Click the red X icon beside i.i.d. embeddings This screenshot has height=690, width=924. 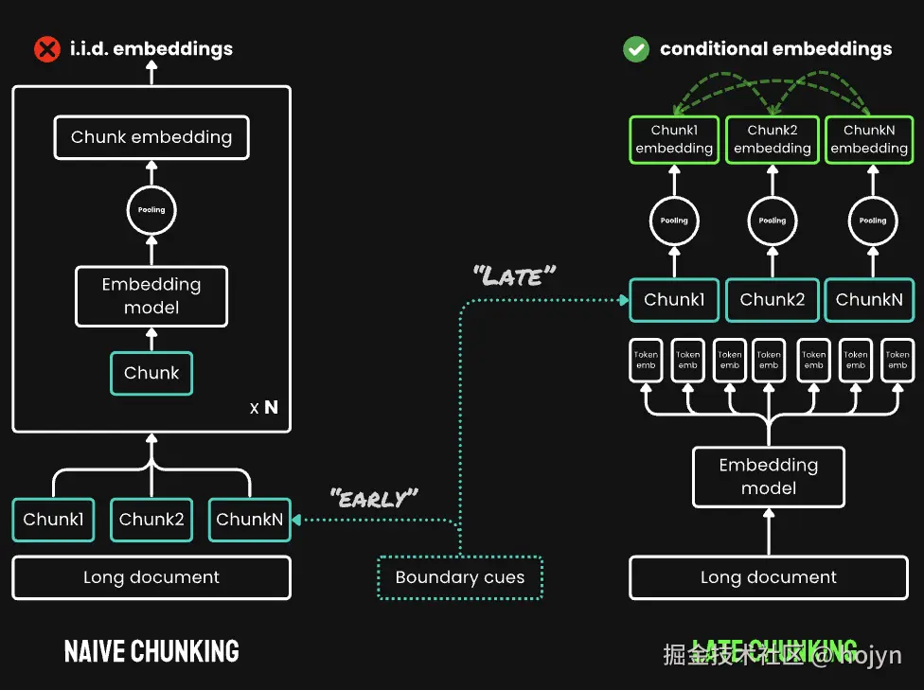(46, 48)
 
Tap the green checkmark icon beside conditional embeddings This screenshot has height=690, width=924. (635, 48)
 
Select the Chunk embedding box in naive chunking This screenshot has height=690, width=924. (151, 137)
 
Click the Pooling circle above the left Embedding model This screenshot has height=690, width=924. (151, 210)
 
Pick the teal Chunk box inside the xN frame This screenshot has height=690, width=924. (151, 373)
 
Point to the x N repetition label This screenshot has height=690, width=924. (264, 408)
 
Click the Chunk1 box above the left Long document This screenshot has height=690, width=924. (53, 520)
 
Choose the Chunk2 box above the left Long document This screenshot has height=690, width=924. (151, 520)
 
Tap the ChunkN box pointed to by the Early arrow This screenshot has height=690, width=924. (249, 520)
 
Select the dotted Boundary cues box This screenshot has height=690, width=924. (460, 577)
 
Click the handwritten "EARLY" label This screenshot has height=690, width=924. (374, 497)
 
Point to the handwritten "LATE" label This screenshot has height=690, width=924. (514, 276)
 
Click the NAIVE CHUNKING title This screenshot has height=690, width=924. (151, 651)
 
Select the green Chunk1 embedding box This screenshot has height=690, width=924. (674, 139)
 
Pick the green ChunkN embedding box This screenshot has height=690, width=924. (869, 139)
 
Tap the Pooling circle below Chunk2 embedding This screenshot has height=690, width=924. (773, 221)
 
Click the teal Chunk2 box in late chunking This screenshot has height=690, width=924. (773, 300)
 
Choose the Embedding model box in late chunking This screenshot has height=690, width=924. (769, 477)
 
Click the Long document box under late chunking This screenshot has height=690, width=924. (769, 577)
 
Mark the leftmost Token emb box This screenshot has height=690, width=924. (646, 361)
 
